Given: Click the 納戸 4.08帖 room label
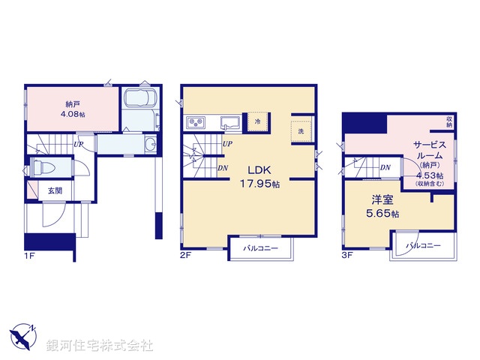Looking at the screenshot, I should tap(73, 110).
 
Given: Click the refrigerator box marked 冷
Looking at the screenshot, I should tap(257, 121).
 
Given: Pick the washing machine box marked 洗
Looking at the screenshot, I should tap(301, 130).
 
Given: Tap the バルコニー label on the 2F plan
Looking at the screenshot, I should tap(260, 248).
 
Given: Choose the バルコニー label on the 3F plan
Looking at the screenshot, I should tap(423, 245).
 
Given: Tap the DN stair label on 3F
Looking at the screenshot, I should tap(384, 168).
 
